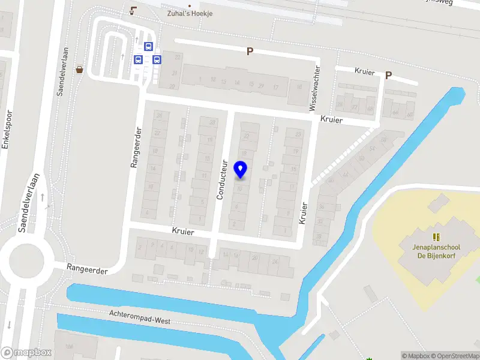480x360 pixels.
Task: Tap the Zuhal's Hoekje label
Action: coord(190,14)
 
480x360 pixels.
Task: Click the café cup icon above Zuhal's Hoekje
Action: coord(133,10)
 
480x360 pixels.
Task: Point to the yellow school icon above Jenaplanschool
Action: coord(436,237)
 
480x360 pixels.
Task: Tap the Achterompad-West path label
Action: coord(140,317)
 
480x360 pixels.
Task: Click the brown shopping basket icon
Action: coord(80,69)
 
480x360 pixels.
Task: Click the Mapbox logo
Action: coord(26,353)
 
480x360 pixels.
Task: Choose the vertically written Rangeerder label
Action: coord(136,147)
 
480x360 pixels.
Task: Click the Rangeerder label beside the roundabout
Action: coord(88,270)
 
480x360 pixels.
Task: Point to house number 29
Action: coord(260,86)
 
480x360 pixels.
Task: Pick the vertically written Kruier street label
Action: coord(303,213)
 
